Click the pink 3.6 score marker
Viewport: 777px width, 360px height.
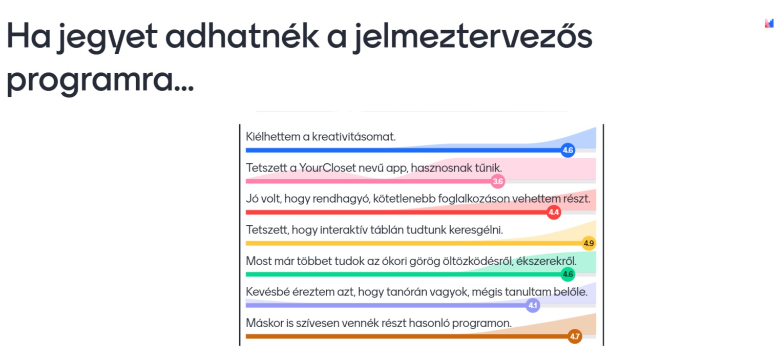pyautogui.click(x=498, y=181)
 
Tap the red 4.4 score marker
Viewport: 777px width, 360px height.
pyautogui.click(x=554, y=212)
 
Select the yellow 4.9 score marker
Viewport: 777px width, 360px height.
pyautogui.click(x=589, y=243)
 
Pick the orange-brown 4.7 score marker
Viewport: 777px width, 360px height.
pyautogui.click(x=575, y=336)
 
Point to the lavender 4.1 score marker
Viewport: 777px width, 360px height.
pyautogui.click(x=533, y=305)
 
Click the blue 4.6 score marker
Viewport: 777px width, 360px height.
pyautogui.click(x=568, y=150)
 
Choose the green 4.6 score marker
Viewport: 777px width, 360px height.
pyautogui.click(x=568, y=274)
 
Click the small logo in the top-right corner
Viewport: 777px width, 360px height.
pyautogui.click(x=769, y=23)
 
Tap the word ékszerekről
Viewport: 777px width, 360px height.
pyautogui.click(x=546, y=261)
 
